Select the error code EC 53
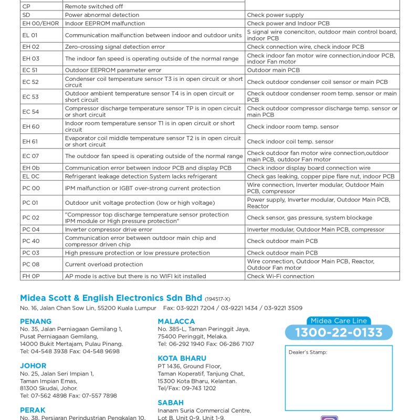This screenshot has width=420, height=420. click(x=30, y=97)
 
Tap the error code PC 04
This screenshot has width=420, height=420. click(x=30, y=229)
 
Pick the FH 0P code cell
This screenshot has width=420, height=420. click(x=30, y=276)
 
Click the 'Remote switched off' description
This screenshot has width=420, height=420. click(x=93, y=6)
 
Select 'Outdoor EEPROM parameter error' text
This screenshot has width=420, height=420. click(x=113, y=70)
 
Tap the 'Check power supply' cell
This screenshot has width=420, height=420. click(x=275, y=15)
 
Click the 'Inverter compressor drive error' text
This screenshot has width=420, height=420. click(x=108, y=229)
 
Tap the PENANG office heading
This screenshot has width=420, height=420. click(x=36, y=321)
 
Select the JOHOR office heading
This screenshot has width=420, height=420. click(x=33, y=365)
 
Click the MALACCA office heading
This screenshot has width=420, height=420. click(x=176, y=321)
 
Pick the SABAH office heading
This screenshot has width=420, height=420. click(x=171, y=403)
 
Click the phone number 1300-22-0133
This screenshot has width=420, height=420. click(x=339, y=332)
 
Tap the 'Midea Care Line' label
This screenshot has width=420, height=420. click(x=339, y=321)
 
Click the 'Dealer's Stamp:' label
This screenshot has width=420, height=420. click(x=308, y=352)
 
